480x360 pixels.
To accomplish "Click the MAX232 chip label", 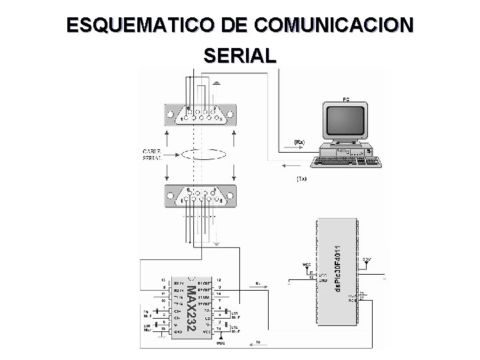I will [x=191, y=307].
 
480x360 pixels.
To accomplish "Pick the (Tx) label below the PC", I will [x=301, y=179].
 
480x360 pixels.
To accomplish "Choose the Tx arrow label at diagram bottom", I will [x=258, y=343].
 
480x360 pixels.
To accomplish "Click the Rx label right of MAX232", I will [x=257, y=283].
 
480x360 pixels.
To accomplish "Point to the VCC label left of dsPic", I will [x=307, y=265].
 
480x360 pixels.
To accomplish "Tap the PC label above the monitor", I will [x=345, y=99].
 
